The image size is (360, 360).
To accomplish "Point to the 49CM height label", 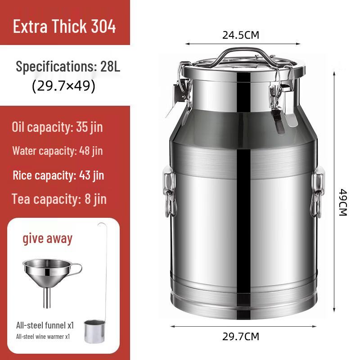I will (343, 202).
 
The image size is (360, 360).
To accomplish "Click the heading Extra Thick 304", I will (64, 26).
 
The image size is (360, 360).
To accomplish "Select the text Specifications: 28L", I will (68, 67).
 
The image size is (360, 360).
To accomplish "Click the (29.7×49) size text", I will (63, 86).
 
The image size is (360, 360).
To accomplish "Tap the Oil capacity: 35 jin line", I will (57, 127).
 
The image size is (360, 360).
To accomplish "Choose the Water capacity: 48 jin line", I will (57, 151).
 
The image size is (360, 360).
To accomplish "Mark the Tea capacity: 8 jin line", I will (59, 198).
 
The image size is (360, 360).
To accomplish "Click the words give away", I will (47, 238).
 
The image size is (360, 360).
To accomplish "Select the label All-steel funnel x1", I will (45, 324).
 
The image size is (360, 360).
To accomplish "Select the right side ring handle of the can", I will (317, 191).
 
